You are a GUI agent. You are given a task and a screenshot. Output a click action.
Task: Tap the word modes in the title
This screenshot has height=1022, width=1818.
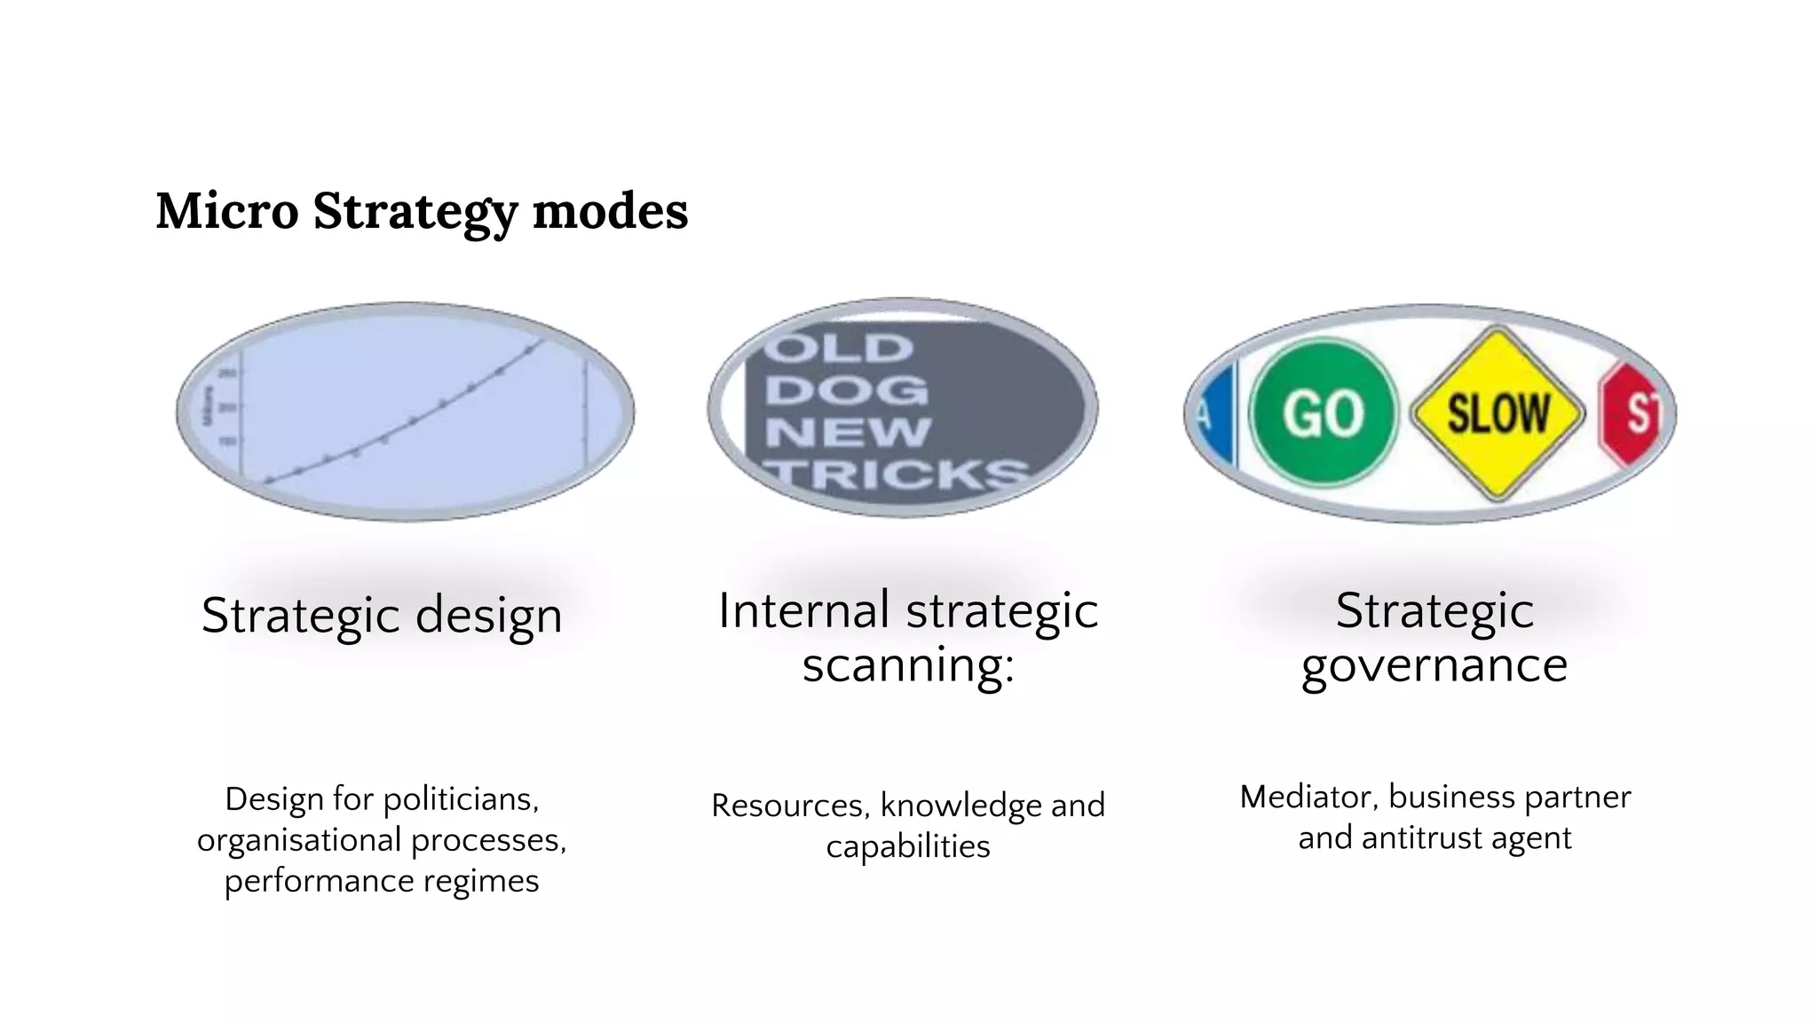[610, 211]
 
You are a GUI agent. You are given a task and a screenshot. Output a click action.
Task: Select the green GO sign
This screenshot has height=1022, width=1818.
[1323, 414]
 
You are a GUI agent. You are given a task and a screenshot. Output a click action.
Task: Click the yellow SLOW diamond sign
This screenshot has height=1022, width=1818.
[1498, 414]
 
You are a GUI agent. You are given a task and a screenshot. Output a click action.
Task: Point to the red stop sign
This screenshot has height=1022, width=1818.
[1636, 414]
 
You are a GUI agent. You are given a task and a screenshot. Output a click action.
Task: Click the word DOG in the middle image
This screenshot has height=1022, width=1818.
[846, 390]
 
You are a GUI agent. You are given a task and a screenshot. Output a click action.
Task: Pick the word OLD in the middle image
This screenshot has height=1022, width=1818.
[839, 348]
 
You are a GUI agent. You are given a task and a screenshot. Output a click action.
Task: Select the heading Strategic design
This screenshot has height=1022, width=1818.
[382, 615]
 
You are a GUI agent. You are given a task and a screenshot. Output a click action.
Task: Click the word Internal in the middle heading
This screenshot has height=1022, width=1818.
[804, 610]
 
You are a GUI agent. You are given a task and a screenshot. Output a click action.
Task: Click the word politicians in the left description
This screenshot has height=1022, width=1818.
[461, 799]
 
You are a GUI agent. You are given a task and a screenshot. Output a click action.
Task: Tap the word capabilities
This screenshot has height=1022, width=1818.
[908, 846]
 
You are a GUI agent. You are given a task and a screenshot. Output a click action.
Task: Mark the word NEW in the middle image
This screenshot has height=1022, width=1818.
[848, 433]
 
